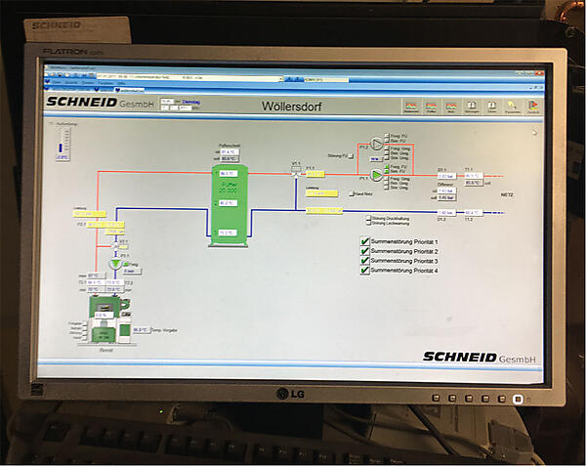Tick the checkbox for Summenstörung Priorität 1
[x=365, y=241]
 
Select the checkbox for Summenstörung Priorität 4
[x=365, y=272]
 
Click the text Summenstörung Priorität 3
[x=404, y=262]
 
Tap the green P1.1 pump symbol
[x=378, y=177]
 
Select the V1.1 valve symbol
[x=297, y=173]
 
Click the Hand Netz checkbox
[x=353, y=194]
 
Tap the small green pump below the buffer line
[x=115, y=264]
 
